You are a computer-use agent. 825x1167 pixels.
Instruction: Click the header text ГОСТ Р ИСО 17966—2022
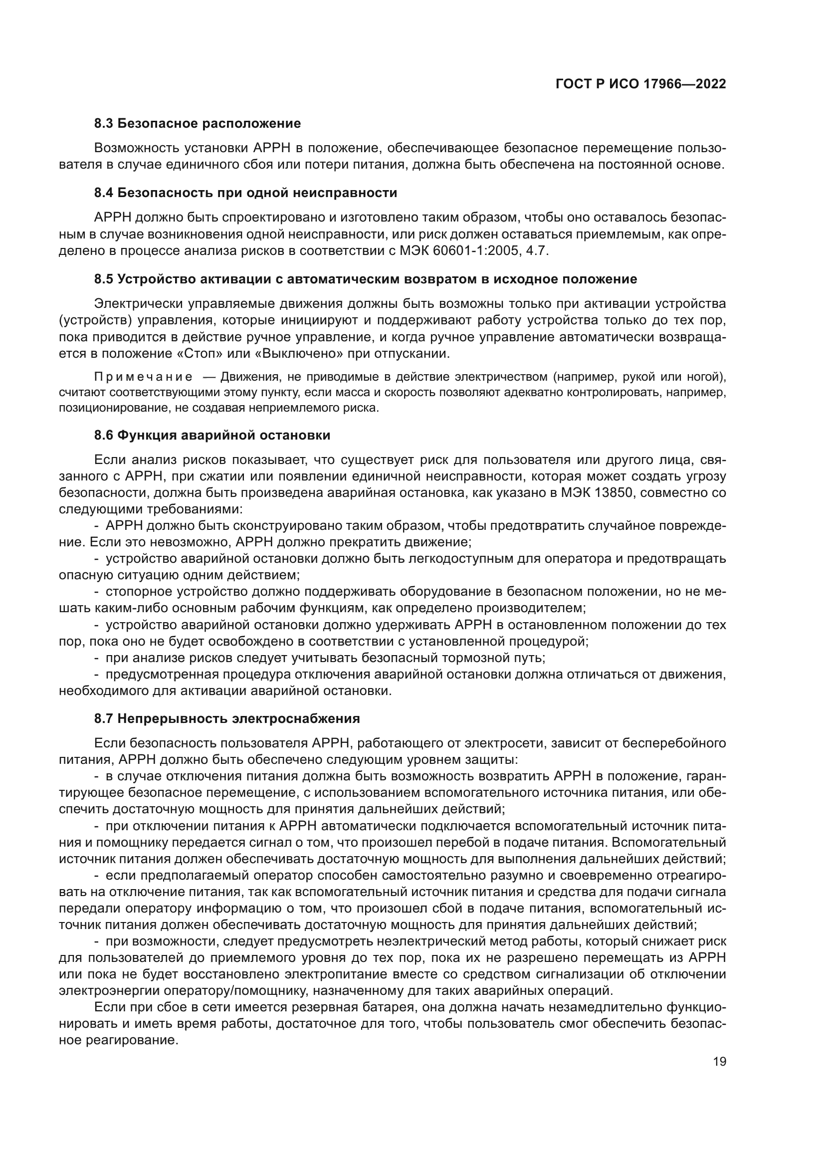(640, 84)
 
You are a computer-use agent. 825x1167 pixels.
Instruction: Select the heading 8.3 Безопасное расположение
(197, 124)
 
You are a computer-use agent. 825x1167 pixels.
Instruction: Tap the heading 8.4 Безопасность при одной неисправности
(245, 193)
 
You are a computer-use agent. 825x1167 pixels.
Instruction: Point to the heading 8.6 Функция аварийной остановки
(212, 436)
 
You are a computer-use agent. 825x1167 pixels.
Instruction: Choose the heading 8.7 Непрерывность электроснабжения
(227, 718)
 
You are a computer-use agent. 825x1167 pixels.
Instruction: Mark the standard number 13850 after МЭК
(595, 493)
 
